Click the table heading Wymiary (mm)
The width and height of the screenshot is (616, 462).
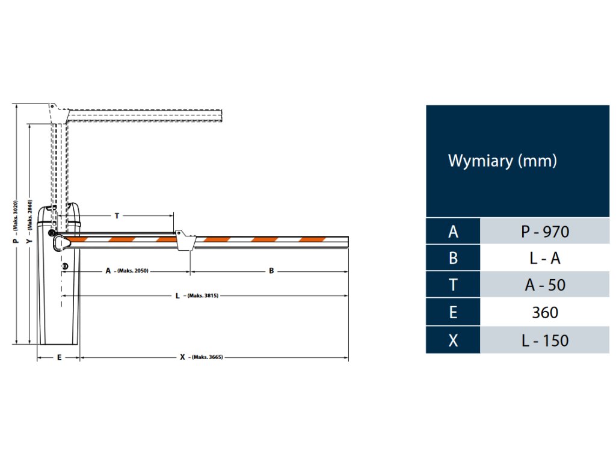pos(502,161)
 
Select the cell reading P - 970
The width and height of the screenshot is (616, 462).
pos(544,232)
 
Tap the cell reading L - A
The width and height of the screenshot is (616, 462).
pos(544,258)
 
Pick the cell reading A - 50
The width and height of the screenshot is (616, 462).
pos(544,285)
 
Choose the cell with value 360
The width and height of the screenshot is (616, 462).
pos(544,312)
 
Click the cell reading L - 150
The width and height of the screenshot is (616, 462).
pos(544,340)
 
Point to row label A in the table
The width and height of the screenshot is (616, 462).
pos(453,232)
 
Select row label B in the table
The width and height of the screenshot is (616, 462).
pos(453,258)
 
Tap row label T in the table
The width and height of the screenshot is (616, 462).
pos(453,285)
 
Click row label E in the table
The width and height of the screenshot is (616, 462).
pos(453,312)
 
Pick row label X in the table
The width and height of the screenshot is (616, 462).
pos(453,340)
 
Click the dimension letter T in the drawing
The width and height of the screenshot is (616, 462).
pos(116,215)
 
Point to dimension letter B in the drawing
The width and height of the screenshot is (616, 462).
pos(271,271)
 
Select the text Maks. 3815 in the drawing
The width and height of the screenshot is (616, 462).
pos(202,296)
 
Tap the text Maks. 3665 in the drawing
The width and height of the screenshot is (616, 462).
pos(208,357)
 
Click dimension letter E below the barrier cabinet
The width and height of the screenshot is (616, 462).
pos(59,357)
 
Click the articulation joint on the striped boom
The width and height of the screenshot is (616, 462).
pos(184,239)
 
